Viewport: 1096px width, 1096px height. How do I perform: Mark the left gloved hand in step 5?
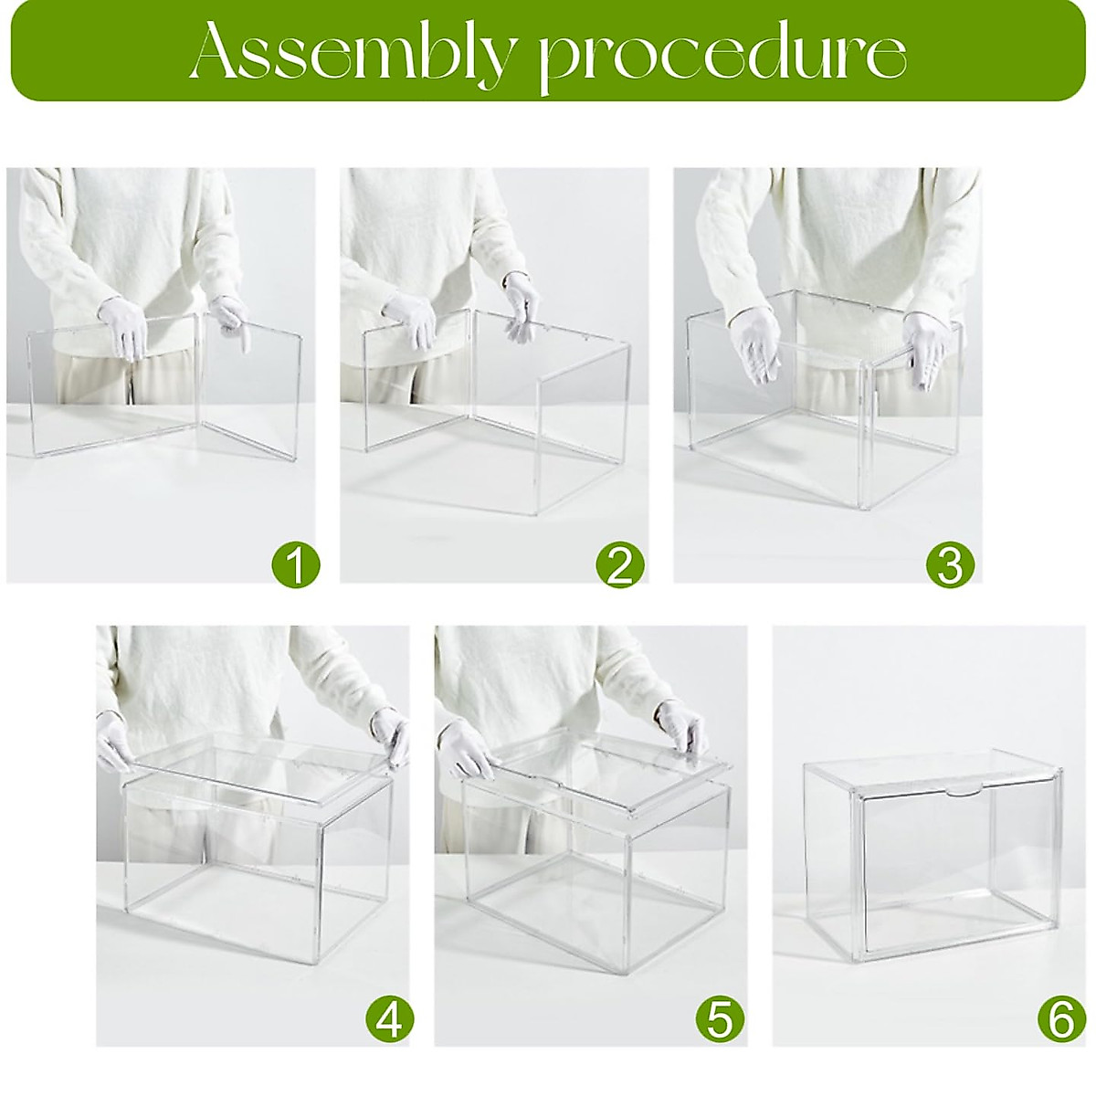(469, 749)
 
